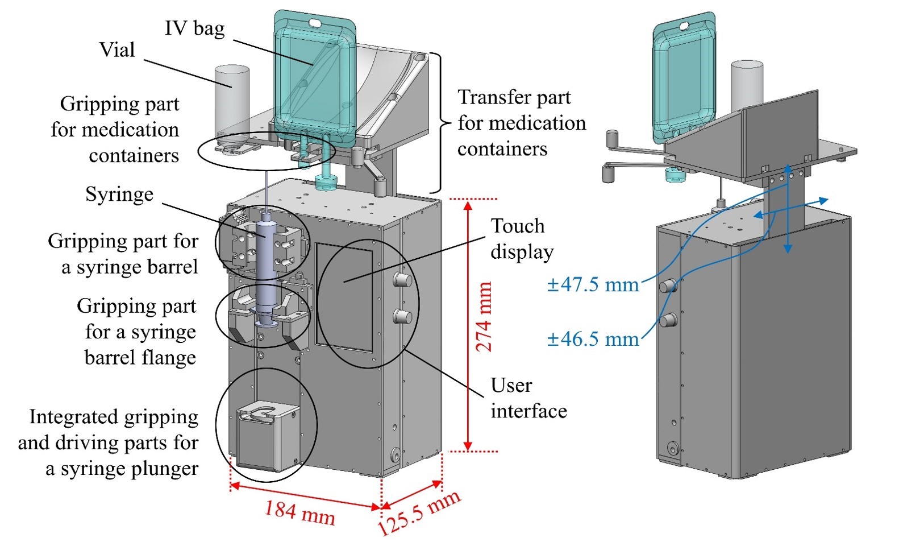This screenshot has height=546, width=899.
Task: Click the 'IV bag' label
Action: pos(194,28)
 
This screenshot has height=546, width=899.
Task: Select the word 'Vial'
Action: pos(117,50)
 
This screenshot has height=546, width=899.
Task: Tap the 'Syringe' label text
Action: pos(119,195)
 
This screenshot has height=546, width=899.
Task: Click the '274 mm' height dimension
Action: pos(483,317)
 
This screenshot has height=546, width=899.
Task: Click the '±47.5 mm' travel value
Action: pos(593,284)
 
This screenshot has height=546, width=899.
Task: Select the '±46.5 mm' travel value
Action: pos(593,340)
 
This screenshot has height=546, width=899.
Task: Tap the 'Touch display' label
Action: pos(521,239)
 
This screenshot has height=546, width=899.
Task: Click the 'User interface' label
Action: pos(528,398)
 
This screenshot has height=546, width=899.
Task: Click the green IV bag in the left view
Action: pos(315,80)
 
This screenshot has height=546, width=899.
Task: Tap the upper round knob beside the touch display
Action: pos(402,279)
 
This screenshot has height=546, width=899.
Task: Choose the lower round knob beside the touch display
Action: pos(402,316)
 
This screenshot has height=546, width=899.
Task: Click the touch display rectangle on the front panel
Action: pos(344,296)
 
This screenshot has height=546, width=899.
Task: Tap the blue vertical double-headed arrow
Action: pos(788,208)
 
